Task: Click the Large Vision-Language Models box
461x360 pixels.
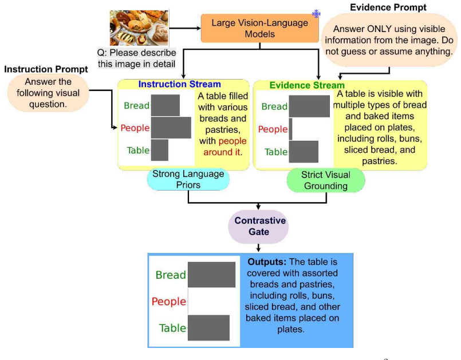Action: (x=259, y=28)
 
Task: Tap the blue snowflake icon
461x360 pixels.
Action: (x=316, y=14)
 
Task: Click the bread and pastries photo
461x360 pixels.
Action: (x=139, y=28)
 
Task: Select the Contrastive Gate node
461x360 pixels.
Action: (x=258, y=226)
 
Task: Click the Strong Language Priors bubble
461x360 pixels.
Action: (x=188, y=179)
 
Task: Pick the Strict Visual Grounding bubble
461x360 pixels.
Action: (x=326, y=180)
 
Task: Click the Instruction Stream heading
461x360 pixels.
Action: (x=179, y=84)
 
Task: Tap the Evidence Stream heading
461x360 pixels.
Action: (x=307, y=85)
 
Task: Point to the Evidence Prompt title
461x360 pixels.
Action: (x=388, y=7)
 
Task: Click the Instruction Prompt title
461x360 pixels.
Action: (x=46, y=69)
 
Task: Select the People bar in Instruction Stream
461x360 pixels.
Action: (x=171, y=128)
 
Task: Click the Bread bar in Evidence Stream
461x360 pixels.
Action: (x=309, y=106)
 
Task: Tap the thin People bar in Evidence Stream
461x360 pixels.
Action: (x=290, y=129)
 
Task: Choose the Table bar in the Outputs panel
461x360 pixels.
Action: (x=209, y=328)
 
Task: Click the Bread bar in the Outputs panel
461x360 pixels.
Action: (x=212, y=275)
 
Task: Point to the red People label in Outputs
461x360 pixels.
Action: (x=169, y=301)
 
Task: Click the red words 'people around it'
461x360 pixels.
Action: (x=225, y=147)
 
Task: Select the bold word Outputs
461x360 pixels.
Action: (x=267, y=262)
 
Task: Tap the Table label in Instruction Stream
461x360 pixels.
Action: (x=138, y=150)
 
